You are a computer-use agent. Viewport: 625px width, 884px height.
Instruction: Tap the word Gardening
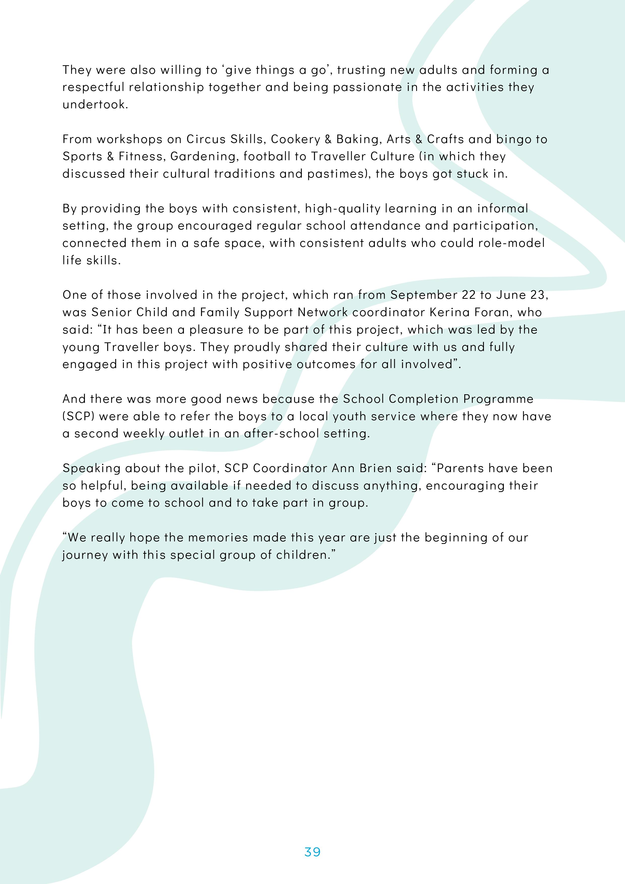[203, 157]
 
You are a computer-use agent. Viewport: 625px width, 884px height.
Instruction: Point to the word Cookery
[295, 139]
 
